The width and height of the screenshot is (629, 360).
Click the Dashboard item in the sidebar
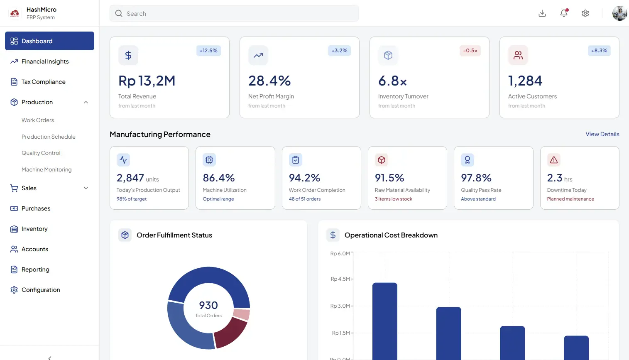pos(49,41)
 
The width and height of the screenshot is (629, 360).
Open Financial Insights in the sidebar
pos(45,61)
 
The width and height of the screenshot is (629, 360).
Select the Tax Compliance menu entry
pos(43,82)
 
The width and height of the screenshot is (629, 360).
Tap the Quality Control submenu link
pos(41,153)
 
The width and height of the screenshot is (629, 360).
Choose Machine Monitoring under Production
pos(47,169)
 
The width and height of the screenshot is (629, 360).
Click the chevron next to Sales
pos(86,188)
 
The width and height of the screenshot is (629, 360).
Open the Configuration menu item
pos(40,290)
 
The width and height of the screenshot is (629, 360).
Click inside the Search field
pos(234,13)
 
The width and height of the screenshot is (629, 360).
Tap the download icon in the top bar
pos(542,13)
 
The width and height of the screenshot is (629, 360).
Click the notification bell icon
pos(563,13)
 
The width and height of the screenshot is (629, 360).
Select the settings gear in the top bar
pos(585,13)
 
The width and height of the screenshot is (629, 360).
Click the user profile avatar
pos(619,13)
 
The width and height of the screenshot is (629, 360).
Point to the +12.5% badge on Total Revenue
pos(208,51)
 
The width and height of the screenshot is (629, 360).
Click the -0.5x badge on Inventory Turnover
pos(470,51)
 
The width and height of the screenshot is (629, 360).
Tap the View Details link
pos(602,134)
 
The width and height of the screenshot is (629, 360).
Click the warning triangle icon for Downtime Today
pos(553,160)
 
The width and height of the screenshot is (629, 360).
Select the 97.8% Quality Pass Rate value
pos(476,178)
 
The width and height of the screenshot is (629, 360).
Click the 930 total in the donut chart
pos(208,305)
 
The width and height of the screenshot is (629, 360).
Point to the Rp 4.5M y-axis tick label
pos(340,279)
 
